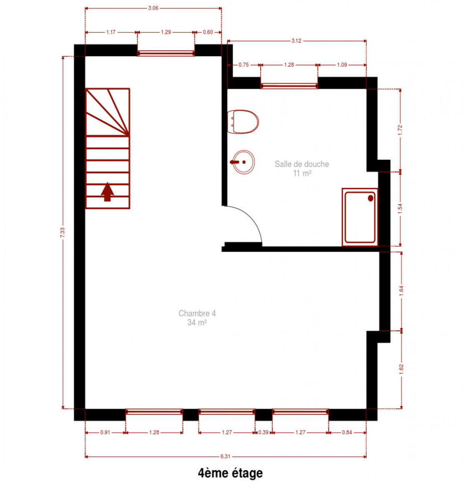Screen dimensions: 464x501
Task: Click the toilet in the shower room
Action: tap(243, 121)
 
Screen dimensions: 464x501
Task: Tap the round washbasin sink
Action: tap(243, 162)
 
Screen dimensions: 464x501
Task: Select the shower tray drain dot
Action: tap(370, 198)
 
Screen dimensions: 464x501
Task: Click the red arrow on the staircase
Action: tap(107, 192)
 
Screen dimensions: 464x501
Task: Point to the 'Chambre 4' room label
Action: tap(197, 313)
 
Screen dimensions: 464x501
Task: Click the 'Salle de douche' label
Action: tap(302, 164)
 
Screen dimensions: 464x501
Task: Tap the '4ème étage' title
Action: tap(230, 473)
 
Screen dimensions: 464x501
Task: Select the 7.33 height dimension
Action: tap(63, 232)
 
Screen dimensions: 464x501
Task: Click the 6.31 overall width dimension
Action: tap(225, 457)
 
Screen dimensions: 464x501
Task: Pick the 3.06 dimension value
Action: tap(153, 8)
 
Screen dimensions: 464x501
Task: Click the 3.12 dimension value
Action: tap(296, 41)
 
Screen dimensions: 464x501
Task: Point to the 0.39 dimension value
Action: tap(263, 433)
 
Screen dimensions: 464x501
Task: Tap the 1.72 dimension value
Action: tap(400, 130)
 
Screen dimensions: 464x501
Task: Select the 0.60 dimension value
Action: tap(208, 32)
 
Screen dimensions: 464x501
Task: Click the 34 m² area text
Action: tap(197, 322)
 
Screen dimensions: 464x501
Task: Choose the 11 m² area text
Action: tap(302, 173)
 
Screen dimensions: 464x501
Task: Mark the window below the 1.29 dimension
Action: tap(166, 53)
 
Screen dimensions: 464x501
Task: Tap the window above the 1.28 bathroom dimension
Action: tap(289, 86)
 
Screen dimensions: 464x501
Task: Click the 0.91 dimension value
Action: tap(105, 433)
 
